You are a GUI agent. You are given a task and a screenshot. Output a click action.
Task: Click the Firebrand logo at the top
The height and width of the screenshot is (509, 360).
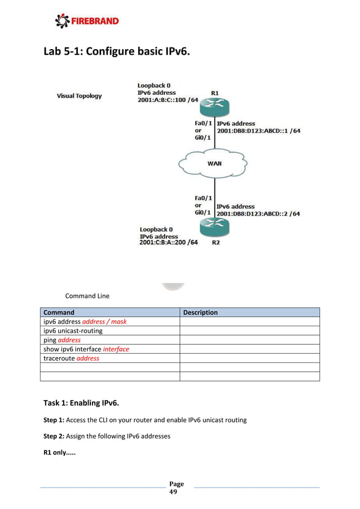click(x=87, y=21)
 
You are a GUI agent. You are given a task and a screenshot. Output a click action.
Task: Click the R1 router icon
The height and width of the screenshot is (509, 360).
click(x=215, y=106)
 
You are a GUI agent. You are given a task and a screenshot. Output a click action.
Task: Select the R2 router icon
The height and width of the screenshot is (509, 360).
click(x=215, y=228)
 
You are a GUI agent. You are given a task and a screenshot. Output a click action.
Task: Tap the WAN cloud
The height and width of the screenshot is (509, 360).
click(x=214, y=164)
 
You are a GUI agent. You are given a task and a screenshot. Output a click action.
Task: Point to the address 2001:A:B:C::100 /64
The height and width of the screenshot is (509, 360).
click(x=168, y=100)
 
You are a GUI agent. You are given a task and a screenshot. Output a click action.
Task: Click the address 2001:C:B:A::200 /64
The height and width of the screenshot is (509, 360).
click(x=169, y=243)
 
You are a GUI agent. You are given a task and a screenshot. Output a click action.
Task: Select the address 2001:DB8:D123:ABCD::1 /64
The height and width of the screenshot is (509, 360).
click(x=258, y=131)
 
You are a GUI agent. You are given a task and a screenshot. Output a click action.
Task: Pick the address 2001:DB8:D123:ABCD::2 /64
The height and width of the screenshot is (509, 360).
click(x=258, y=214)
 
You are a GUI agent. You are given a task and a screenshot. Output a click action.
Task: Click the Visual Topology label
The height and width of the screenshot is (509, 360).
click(x=79, y=96)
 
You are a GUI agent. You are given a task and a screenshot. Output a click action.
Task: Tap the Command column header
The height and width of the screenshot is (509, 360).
click(x=59, y=312)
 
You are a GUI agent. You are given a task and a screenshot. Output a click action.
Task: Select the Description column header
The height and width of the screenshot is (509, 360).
click(x=200, y=312)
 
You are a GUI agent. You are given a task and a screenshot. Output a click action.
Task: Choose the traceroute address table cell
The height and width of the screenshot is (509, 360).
click(x=71, y=358)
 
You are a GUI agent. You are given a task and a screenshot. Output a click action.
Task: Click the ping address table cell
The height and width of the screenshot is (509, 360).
click(x=62, y=340)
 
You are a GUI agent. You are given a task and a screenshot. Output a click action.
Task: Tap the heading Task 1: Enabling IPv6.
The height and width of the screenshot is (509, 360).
click(x=81, y=403)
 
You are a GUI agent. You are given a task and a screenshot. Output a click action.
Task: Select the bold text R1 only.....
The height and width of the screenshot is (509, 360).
click(x=62, y=453)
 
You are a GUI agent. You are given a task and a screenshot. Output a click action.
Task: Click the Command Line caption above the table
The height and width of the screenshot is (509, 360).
click(x=87, y=296)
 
